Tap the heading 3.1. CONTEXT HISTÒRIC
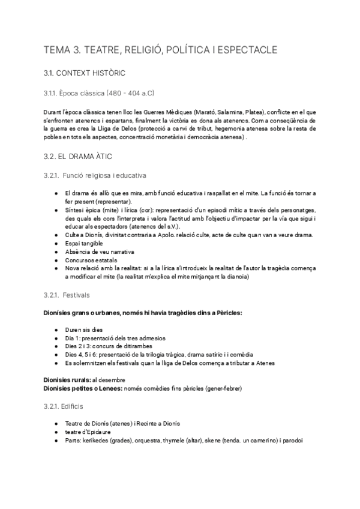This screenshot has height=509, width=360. (84, 73)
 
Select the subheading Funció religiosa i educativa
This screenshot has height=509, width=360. (104, 175)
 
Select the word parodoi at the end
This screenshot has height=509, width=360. (292, 441)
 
